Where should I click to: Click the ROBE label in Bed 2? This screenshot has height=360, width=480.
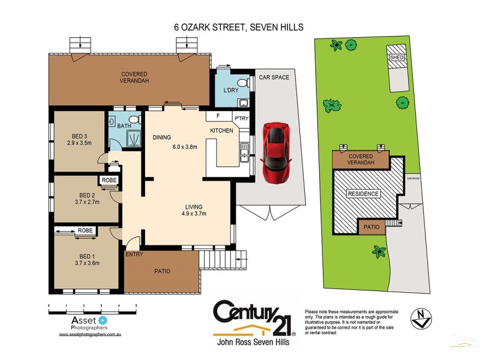tap(109, 180)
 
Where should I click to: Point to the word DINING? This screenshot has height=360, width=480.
tap(162, 137)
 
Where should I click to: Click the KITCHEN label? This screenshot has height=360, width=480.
tap(221, 130)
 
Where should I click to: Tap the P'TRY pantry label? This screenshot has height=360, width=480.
tap(241, 118)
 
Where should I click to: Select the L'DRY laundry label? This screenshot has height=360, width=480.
tap(231, 91)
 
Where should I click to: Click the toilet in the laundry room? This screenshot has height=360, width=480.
tap(241, 82)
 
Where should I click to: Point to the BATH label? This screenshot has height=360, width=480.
tap(124, 127)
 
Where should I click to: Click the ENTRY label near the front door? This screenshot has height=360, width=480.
tap(133, 254)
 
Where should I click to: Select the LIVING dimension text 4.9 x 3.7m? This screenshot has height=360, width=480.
tap(194, 212)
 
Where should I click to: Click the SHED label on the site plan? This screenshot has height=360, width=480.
tap(397, 58)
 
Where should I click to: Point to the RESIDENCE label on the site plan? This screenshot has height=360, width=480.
tap(363, 194)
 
